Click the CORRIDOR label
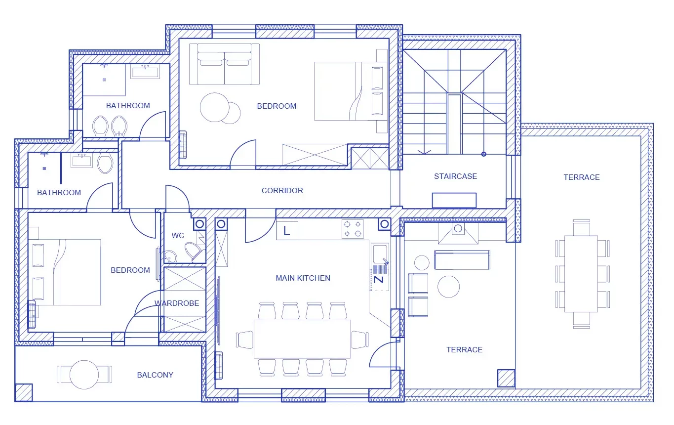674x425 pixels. [282, 191]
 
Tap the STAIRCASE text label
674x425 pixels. [455, 176]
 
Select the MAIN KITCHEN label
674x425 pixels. [303, 278]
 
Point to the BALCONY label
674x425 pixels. [155, 375]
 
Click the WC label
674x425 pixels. [178, 236]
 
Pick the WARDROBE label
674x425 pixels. [177, 303]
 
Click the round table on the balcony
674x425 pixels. [84, 375]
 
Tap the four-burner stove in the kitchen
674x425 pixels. [353, 229]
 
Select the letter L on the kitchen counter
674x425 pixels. [286, 231]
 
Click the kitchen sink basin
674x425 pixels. [380, 254]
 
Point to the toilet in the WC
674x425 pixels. [195, 252]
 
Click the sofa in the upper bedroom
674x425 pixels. [224, 64]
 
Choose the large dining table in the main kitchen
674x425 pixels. [302, 339]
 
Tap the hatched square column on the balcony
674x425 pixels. [24, 392]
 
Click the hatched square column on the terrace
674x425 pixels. [506, 379]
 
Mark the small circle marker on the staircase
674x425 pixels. [484, 154]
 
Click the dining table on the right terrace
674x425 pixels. [581, 274]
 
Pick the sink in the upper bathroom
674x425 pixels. [145, 73]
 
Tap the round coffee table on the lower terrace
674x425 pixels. [448, 287]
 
